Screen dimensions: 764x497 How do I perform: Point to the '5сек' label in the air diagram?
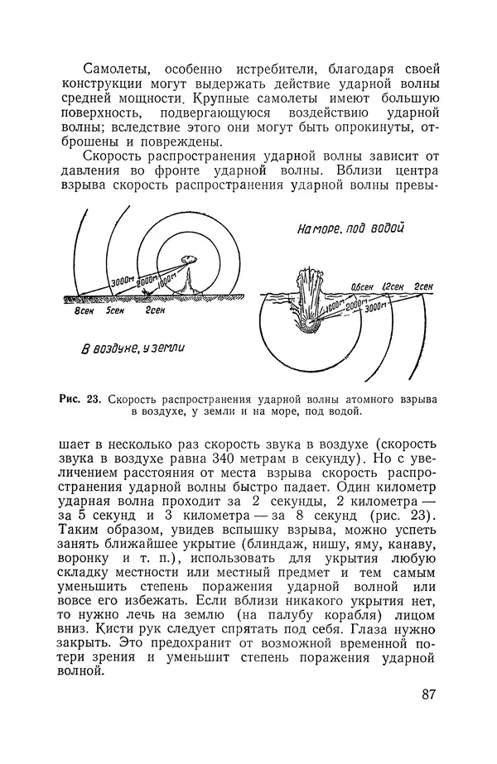pyautogui.click(x=116, y=313)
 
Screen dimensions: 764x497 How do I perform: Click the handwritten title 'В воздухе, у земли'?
pyautogui.click(x=132, y=349)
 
